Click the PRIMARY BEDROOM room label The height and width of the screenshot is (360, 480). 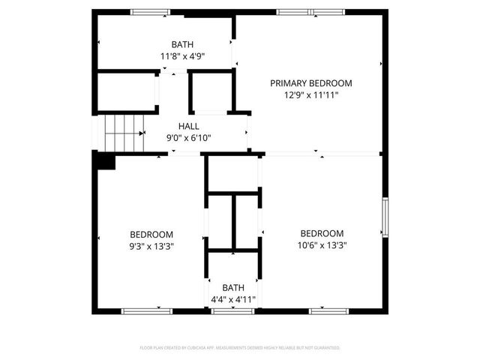(x=311, y=83)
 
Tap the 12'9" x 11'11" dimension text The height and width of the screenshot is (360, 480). (x=311, y=95)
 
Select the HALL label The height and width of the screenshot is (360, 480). (x=188, y=126)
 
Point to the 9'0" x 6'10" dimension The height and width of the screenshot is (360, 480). (x=188, y=138)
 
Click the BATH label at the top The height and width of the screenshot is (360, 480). (x=182, y=44)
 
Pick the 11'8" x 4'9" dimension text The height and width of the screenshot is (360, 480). (x=182, y=56)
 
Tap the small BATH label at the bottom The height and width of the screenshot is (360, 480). (x=233, y=287)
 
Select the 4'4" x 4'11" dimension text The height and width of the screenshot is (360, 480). (x=233, y=299)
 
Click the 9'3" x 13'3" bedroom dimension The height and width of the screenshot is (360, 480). (x=151, y=245)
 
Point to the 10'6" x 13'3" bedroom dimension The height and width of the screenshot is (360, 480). (x=322, y=244)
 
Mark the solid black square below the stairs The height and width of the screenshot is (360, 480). (x=104, y=160)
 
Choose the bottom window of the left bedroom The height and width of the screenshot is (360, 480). (x=142, y=310)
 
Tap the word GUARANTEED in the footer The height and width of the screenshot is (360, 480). (x=325, y=348)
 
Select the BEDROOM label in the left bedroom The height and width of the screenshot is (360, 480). (x=151, y=234)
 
